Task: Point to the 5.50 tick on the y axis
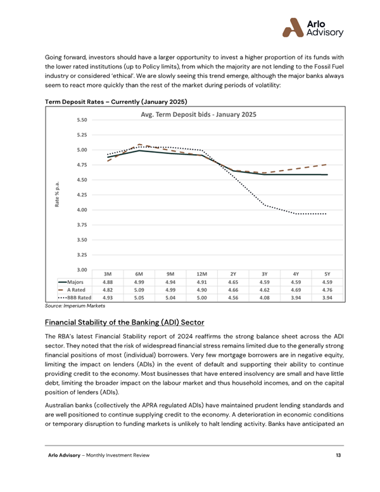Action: (82, 120)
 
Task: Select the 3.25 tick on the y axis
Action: (82, 255)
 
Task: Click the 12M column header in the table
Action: (201, 273)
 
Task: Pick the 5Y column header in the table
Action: (327, 273)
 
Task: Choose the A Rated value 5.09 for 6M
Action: (139, 289)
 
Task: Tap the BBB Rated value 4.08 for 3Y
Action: (264, 297)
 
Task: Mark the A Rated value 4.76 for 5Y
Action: (327, 289)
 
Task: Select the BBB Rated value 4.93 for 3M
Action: (108, 297)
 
